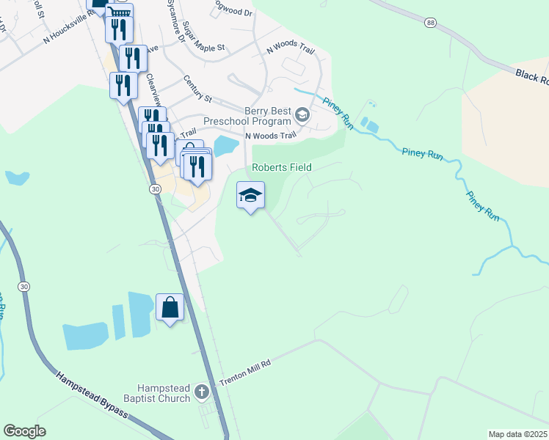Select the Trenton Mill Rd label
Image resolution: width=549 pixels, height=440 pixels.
(246, 373)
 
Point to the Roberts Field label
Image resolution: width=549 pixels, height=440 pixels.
(282, 167)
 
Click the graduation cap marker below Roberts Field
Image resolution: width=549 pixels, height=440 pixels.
(250, 195)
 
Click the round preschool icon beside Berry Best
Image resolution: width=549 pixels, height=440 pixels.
(302, 115)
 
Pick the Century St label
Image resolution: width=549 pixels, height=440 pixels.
(197, 87)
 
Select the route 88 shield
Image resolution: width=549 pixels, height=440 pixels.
(431, 23)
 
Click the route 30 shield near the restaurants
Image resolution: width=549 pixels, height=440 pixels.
(155, 189)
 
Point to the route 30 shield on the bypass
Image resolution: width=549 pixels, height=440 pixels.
(24, 286)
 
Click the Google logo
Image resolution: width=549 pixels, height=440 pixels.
(24, 430)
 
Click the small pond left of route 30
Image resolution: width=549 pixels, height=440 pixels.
(16, 178)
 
